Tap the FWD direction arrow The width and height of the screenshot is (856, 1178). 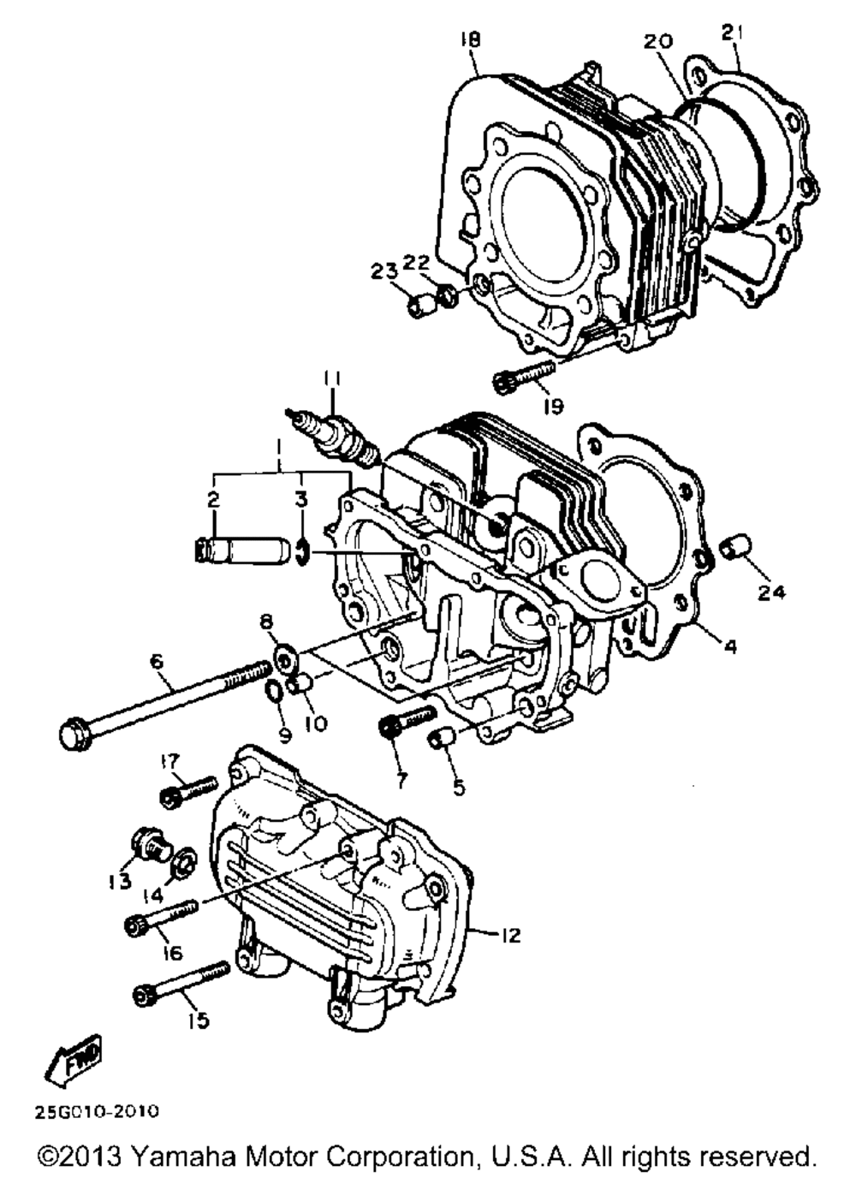74,1059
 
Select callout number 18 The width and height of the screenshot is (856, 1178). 470,39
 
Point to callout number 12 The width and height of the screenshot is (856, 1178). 509,936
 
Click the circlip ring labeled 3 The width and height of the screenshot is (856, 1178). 302,551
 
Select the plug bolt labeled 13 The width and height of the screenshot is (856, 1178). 151,845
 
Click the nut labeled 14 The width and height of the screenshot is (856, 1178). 181,866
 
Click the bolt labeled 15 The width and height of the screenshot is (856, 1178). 181,983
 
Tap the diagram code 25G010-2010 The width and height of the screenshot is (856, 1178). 97,1112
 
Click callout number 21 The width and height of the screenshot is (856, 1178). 730,33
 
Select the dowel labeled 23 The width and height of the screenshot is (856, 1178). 419,306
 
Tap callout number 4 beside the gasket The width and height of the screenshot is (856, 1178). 730,647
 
